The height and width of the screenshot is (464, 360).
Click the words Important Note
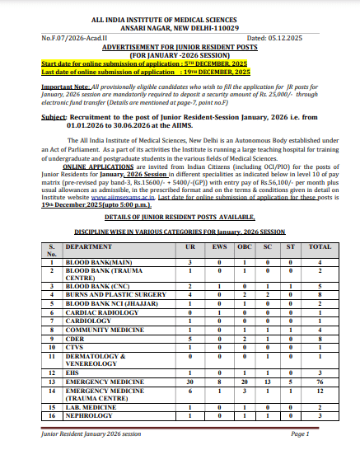(x=66, y=86)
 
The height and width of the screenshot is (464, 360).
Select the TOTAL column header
(x=319, y=248)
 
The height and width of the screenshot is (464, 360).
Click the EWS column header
(x=218, y=248)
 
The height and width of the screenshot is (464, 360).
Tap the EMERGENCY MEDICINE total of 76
(x=319, y=382)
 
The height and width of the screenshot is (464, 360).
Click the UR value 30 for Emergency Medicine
(x=190, y=382)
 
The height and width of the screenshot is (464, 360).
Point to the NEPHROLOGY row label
(x=89, y=416)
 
